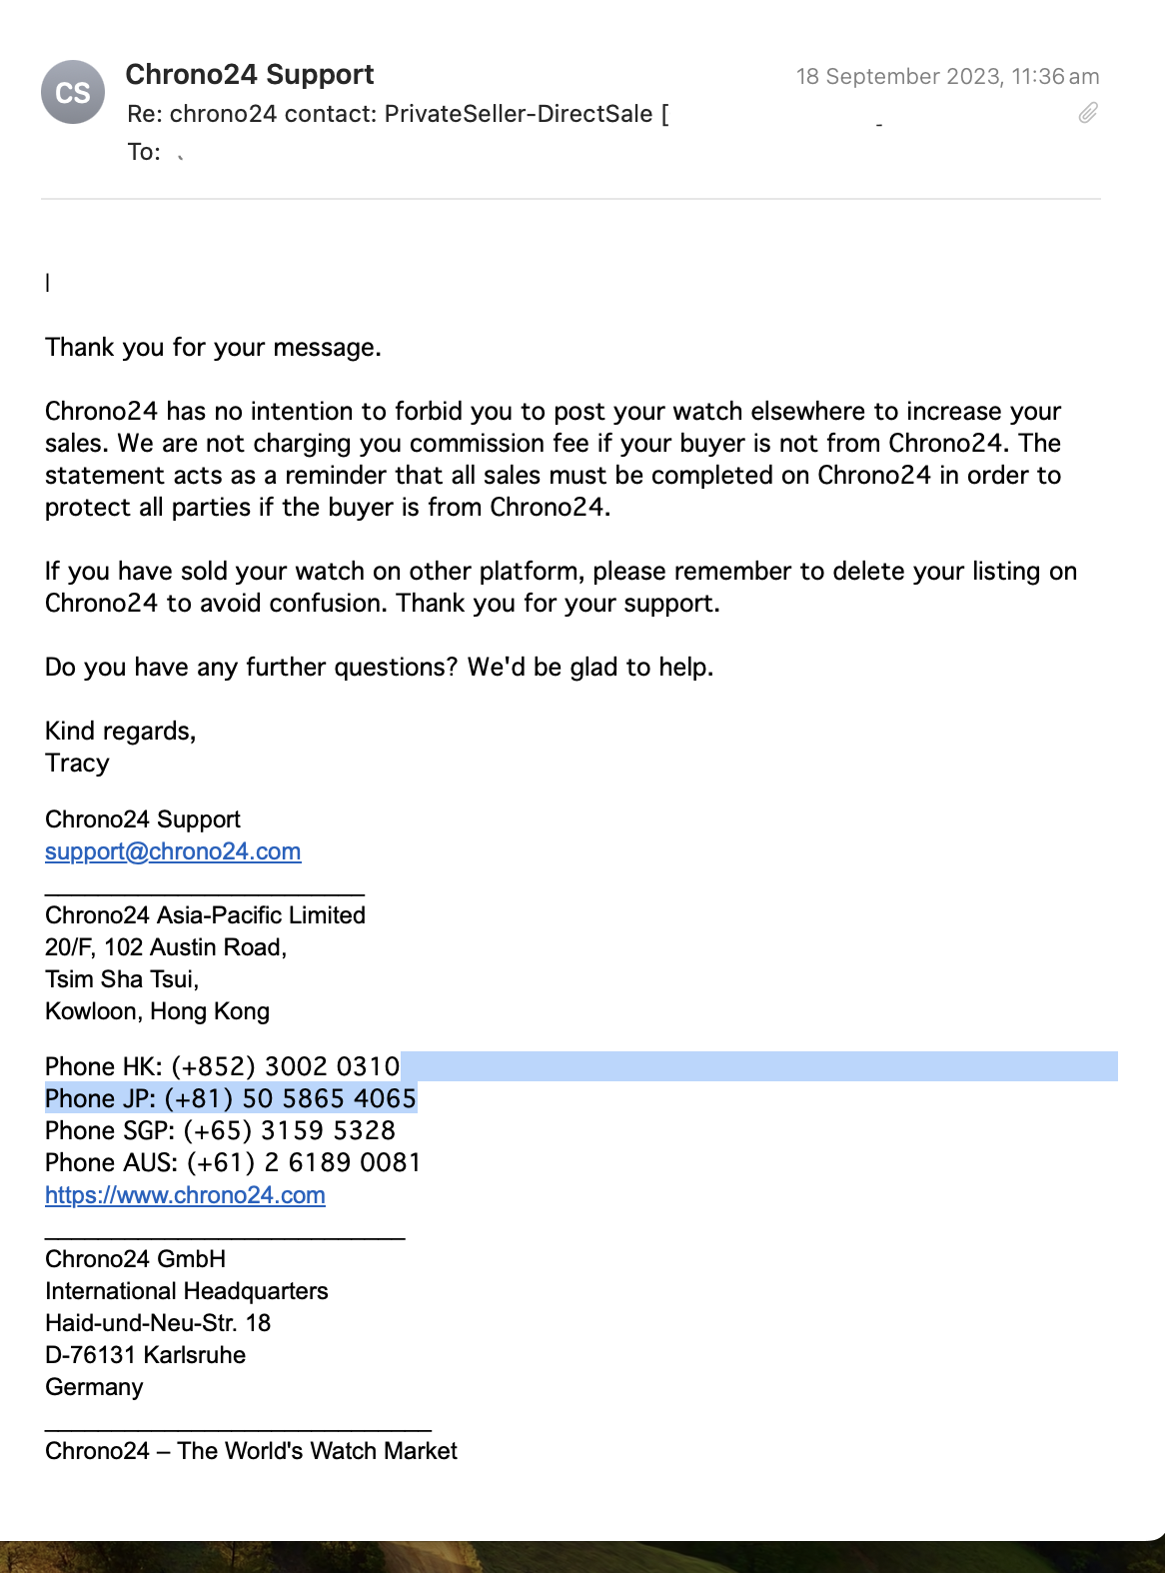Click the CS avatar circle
[73, 92]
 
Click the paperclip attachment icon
[1088, 113]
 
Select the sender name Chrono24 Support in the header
[250, 75]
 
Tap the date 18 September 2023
[898, 77]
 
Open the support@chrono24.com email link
[173, 851]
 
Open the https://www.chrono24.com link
[185, 1195]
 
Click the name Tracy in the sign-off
[77, 764]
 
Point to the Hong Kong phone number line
[222, 1066]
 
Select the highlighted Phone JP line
[230, 1099]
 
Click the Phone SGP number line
[220, 1131]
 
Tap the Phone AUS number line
[233, 1163]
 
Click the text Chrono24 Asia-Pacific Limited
[205, 915]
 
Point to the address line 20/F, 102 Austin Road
[166, 947]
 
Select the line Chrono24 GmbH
[135, 1259]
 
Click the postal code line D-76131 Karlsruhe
[145, 1355]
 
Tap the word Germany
[94, 1387]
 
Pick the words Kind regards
[120, 732]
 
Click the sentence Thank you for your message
[213, 348]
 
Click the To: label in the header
[144, 152]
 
